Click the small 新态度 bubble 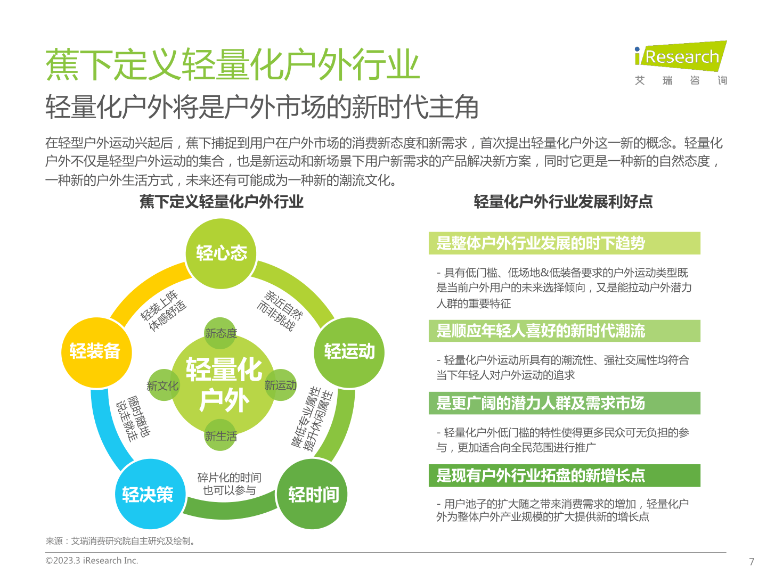pos(220,333)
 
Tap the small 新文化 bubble pos(163,385)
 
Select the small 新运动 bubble pos(280,385)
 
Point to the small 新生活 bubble pos(220,434)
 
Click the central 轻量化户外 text pos(224,384)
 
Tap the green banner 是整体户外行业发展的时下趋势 pos(564,243)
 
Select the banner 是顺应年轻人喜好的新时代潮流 pos(564,331)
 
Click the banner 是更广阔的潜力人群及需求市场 pos(564,403)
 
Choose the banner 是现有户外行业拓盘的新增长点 pos(564,475)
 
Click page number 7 pos(751,561)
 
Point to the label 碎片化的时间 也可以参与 pos(229,483)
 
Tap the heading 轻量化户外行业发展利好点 pos(562,202)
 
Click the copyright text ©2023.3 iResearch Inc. pos(92,560)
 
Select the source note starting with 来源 pos(120,541)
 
